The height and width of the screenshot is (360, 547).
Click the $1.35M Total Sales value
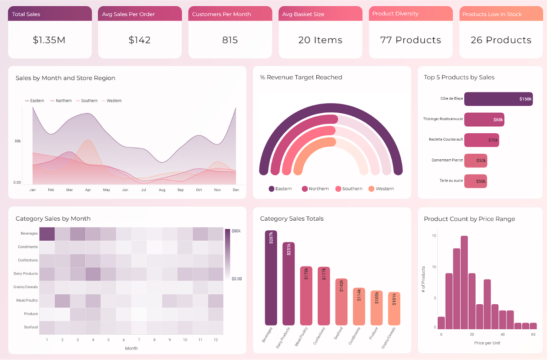49,40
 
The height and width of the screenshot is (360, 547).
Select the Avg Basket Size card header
320,13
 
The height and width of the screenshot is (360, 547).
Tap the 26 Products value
501,40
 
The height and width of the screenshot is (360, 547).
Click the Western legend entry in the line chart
111,101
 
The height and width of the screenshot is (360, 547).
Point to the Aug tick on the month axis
162,190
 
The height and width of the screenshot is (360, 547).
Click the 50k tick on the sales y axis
17,141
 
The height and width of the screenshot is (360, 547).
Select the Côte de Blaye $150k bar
498,99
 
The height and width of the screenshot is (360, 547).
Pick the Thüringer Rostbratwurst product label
443,119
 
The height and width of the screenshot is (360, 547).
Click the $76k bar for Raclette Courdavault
482,140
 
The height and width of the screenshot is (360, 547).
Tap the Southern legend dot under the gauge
338,189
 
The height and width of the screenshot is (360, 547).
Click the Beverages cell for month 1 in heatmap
47,234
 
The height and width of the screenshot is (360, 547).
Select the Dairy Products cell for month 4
93,274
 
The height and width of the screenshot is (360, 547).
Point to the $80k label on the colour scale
236,231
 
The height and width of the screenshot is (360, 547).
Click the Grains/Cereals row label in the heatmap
25,287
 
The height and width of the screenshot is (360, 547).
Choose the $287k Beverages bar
271,278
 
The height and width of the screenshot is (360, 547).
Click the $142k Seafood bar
342,302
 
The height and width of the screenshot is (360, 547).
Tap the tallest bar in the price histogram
464,283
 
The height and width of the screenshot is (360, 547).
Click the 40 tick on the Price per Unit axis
503,334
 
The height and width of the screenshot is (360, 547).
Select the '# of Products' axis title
423,279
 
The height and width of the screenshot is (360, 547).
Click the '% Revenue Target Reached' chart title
301,77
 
